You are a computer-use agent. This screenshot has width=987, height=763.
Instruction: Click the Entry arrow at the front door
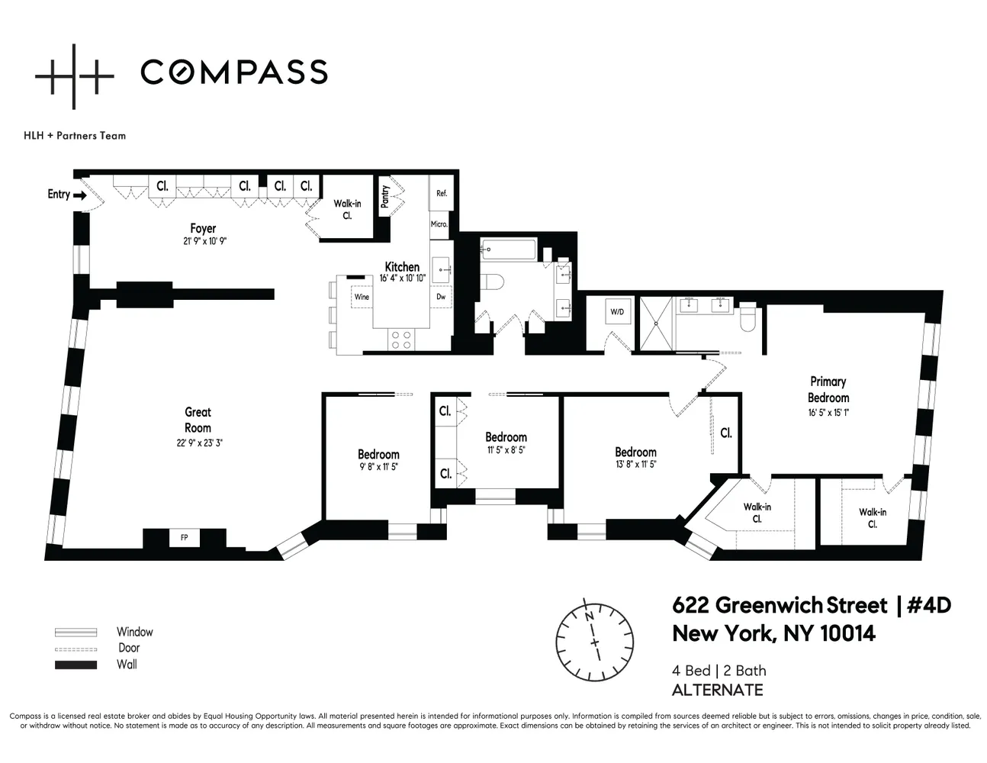(x=79, y=195)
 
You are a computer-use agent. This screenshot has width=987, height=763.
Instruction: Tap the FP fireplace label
(x=184, y=537)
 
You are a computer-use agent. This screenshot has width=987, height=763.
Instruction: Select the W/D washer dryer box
(x=616, y=311)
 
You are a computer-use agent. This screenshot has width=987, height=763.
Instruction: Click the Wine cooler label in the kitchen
(x=362, y=297)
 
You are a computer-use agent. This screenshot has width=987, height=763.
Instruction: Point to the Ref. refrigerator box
(x=442, y=194)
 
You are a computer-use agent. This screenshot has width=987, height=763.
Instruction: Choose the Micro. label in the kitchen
(x=439, y=224)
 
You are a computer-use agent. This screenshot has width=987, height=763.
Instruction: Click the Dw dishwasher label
(x=441, y=297)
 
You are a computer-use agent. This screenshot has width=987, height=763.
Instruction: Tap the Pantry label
(x=384, y=196)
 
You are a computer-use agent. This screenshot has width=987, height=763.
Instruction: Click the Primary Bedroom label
(x=828, y=389)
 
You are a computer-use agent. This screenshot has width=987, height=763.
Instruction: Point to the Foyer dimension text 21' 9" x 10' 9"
(x=202, y=240)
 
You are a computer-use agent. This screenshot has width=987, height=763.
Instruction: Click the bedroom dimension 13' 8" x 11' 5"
(x=635, y=464)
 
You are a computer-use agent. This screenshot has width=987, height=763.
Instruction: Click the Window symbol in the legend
(x=76, y=633)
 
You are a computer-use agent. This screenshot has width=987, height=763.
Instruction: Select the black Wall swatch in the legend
(x=76, y=665)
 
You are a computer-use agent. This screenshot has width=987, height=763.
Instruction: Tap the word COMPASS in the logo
(x=233, y=72)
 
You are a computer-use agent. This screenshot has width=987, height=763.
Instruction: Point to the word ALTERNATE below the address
(x=717, y=691)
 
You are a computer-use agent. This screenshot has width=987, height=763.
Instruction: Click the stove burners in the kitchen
(x=401, y=339)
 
